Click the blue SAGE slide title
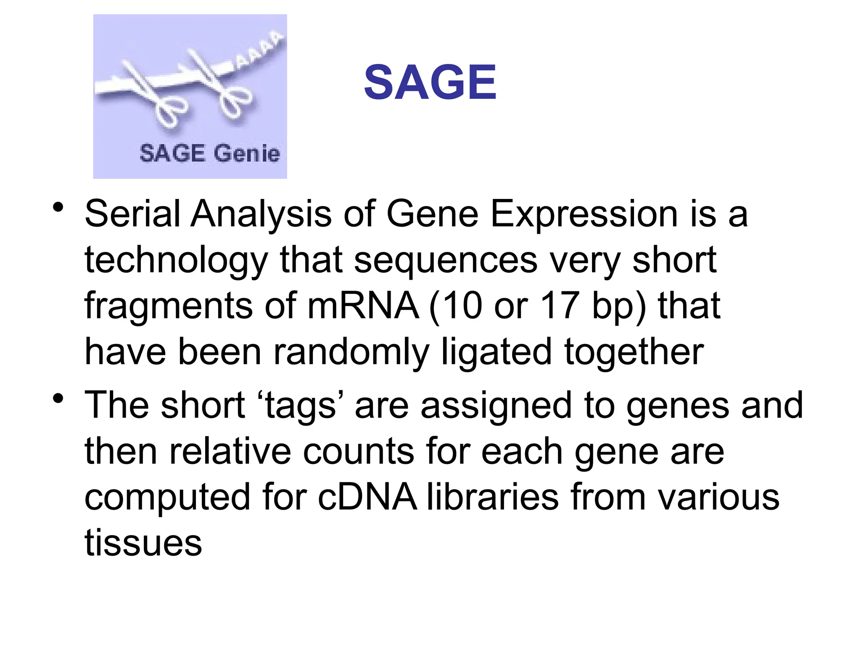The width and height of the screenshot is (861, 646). click(430, 82)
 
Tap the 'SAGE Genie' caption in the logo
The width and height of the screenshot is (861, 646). click(209, 153)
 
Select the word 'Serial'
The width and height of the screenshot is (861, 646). click(132, 214)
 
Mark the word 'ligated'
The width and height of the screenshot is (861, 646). click(496, 352)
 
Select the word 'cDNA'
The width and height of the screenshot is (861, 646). click(367, 498)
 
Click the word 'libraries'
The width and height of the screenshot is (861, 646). click(492, 498)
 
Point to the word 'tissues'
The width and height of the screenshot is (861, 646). click(143, 543)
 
